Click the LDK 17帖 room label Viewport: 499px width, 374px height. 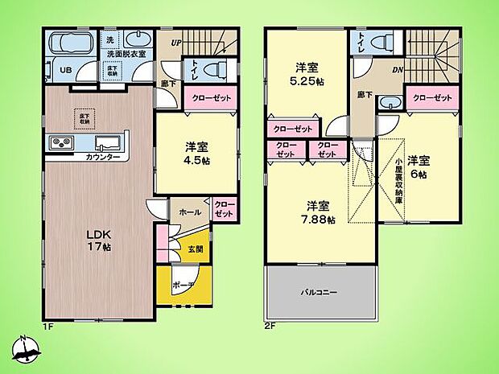[x=97, y=240]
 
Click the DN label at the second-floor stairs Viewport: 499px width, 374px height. [x=397, y=69]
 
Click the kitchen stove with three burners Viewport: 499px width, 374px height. [x=63, y=143]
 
